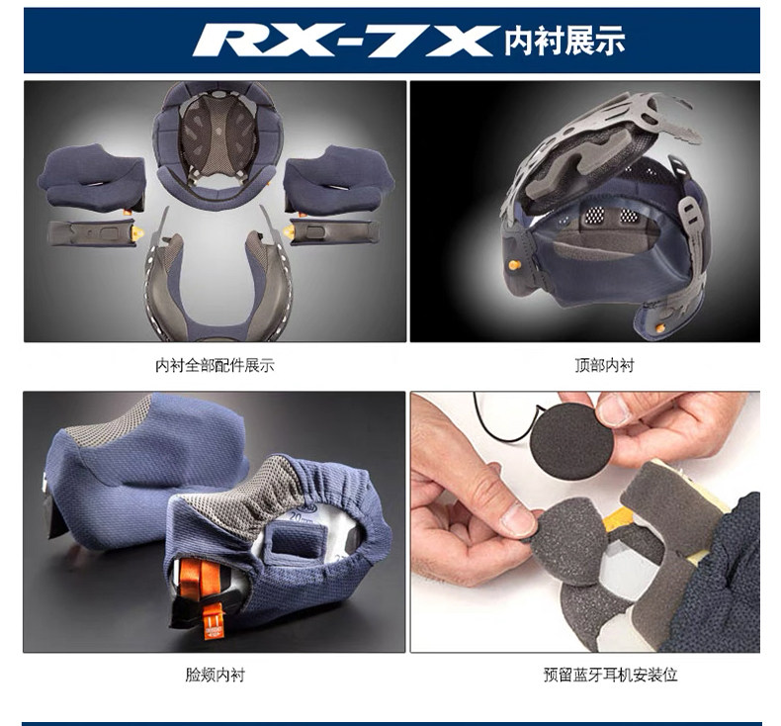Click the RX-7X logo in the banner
(x=346, y=41)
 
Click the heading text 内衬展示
(x=564, y=42)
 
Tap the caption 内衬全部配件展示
(x=215, y=366)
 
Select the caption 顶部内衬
(x=604, y=366)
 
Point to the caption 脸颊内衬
(x=215, y=676)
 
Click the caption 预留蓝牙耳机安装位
(x=611, y=675)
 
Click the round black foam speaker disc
(x=570, y=437)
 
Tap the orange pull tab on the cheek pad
(x=215, y=621)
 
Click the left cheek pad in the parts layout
(x=92, y=178)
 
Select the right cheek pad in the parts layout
(x=338, y=178)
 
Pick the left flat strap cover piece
(x=93, y=233)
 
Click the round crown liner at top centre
(x=217, y=143)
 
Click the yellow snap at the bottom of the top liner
(x=659, y=327)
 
